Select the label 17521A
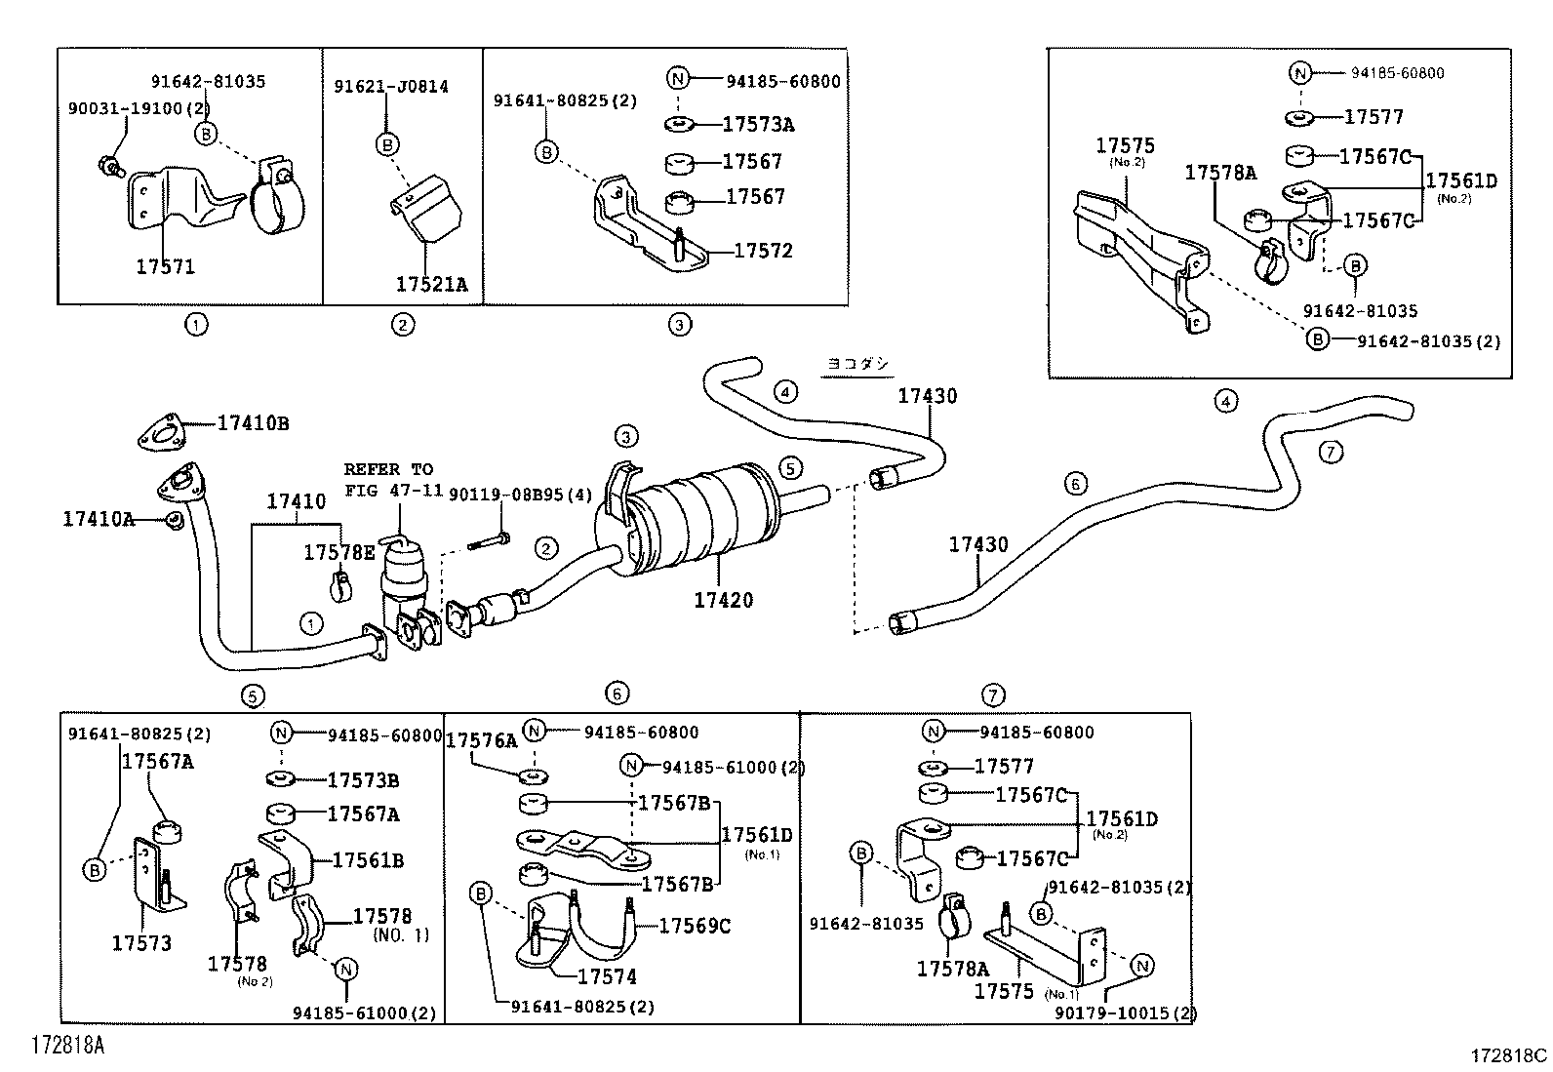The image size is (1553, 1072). click(x=431, y=284)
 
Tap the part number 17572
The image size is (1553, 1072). click(x=763, y=251)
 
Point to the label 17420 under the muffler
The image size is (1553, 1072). click(x=723, y=600)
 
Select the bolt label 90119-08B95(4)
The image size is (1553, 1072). click(x=520, y=495)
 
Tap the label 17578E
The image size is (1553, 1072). click(x=338, y=552)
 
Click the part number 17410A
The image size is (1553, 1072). click(x=99, y=518)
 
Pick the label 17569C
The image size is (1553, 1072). click(x=695, y=926)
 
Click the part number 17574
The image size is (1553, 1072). click(x=607, y=975)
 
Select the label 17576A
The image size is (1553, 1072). click(x=481, y=741)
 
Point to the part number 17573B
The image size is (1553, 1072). click(x=362, y=780)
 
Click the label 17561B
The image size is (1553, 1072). click(x=368, y=860)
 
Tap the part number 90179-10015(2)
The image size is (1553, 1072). click(x=1125, y=1012)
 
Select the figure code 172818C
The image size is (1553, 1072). click(x=1509, y=1055)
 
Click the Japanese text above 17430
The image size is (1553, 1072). click(x=858, y=364)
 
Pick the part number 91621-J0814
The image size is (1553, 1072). click(x=390, y=87)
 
